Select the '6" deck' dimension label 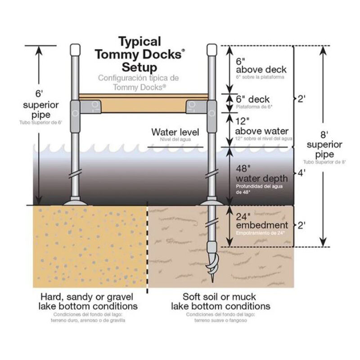tap(252, 99)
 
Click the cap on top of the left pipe tap(75, 49)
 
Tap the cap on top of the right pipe tap(211, 49)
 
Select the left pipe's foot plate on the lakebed tap(75, 202)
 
